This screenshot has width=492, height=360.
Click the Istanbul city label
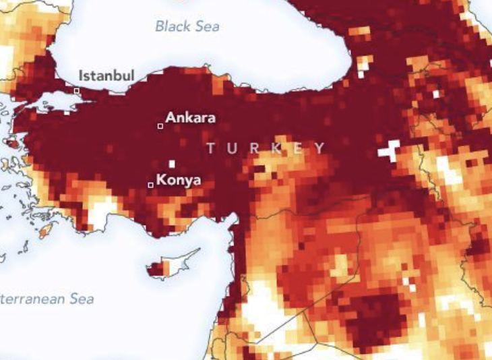point(106,75)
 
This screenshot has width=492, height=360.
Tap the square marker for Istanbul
point(77,90)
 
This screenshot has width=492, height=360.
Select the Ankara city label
point(191,117)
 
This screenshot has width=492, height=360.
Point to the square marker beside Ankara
point(160,125)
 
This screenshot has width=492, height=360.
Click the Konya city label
point(179,180)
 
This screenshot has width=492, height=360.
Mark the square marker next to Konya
point(150,185)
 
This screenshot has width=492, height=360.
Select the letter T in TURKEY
point(211,148)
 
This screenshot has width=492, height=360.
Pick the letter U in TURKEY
point(233,148)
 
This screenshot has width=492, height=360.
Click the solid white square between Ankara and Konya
point(172,163)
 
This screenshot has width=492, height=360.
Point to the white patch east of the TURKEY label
point(389,151)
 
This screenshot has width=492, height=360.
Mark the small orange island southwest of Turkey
point(46,232)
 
